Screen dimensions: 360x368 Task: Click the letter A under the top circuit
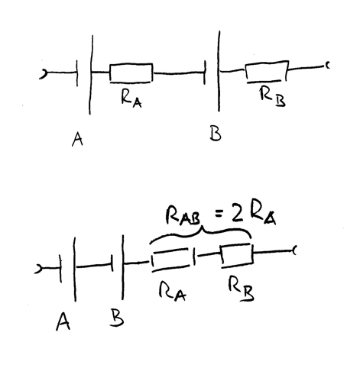pos(77,139)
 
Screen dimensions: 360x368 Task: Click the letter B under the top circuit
pos(216,133)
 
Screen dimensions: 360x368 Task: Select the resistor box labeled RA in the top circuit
pos(131,73)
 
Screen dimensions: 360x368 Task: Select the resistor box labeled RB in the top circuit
pos(267,72)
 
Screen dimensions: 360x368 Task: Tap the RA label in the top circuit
pos(131,99)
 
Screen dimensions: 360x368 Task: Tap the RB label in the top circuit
pos(273,97)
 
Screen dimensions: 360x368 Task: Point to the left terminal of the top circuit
pos(43,74)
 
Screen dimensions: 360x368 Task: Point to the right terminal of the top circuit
pos(327,66)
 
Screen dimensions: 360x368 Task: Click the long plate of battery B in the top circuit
pos(219,71)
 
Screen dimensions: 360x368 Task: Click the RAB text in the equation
pos(183,216)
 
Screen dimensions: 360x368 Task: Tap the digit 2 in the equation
pos(236,212)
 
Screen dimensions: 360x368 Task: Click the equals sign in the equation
pos(219,215)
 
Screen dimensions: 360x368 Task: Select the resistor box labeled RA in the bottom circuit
pos(170,260)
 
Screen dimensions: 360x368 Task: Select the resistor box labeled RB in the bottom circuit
pos(237,256)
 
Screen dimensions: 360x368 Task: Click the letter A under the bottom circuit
pos(63,321)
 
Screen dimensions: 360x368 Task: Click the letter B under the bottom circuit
pos(117,318)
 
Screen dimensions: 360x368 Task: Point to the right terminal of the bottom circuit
pos(294,250)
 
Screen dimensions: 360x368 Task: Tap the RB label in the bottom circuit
pos(241,289)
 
